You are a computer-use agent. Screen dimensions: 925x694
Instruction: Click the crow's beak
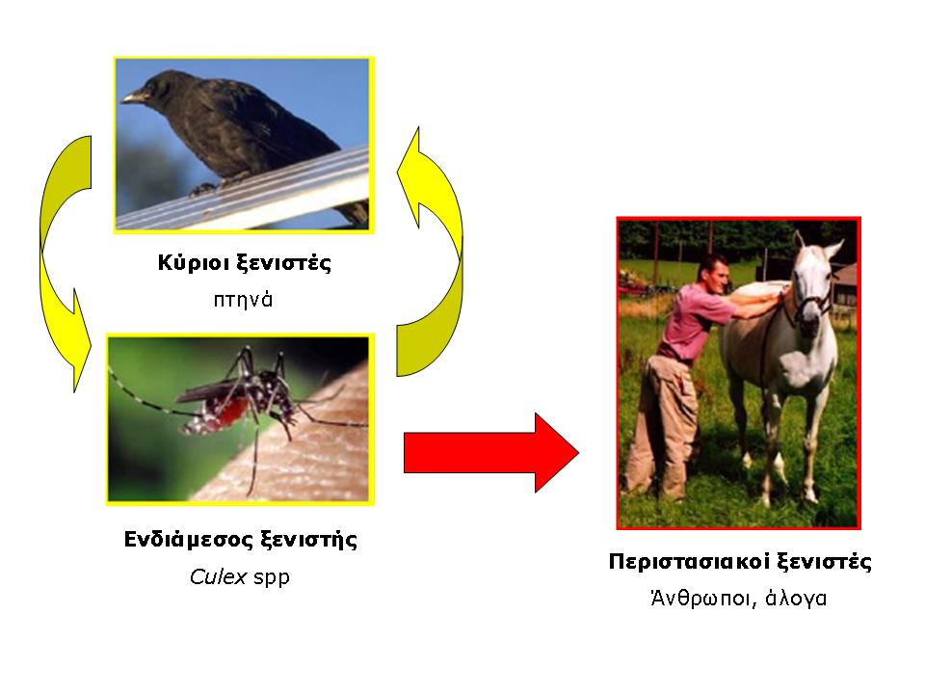[133, 96]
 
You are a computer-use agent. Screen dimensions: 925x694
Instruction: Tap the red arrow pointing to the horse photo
[490, 453]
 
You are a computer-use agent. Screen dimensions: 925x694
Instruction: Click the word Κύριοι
[194, 262]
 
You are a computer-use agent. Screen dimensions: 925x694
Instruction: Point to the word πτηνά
[243, 300]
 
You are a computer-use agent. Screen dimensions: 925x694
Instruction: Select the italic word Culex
[218, 576]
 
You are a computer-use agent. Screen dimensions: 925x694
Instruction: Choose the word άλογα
[796, 599]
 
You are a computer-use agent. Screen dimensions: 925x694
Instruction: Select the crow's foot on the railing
[202, 189]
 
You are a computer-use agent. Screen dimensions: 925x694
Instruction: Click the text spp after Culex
[272, 577]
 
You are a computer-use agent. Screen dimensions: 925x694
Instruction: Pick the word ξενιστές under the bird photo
[283, 263]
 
